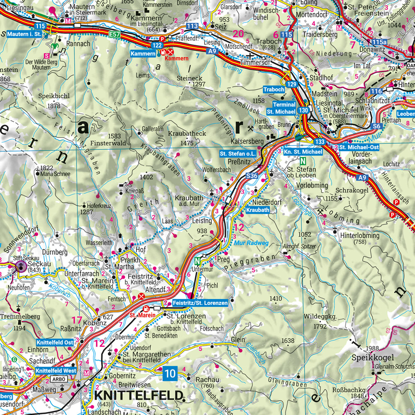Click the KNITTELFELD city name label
(139, 395)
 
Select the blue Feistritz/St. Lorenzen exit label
(200, 303)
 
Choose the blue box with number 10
(170, 373)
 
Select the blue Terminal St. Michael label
(281, 108)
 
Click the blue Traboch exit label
(274, 90)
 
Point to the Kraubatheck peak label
(187, 134)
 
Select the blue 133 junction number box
(320, 142)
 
